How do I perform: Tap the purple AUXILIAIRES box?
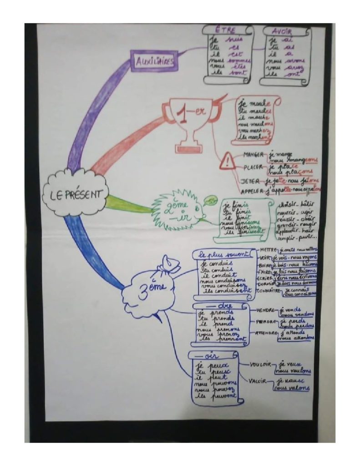(154, 61)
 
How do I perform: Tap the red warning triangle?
(227, 161)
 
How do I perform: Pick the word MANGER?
(254, 155)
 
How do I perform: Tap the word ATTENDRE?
(265, 333)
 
